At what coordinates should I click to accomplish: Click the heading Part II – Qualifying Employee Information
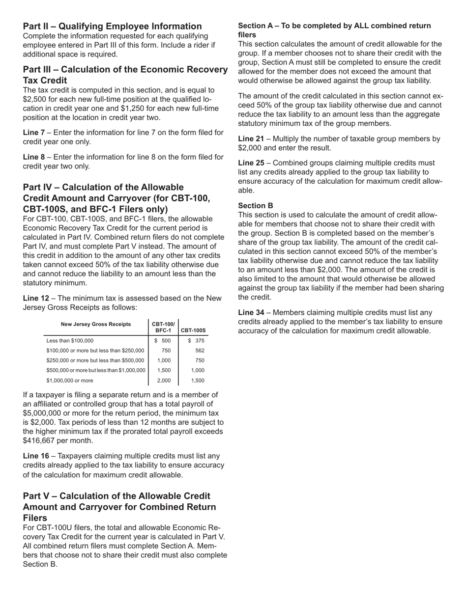[112, 27]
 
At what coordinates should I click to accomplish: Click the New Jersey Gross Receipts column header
[96, 324]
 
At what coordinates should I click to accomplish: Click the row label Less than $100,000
[70, 341]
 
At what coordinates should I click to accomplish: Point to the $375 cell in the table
[196, 341]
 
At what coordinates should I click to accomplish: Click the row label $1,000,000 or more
[69, 381]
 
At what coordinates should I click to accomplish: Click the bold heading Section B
[256, 206]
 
